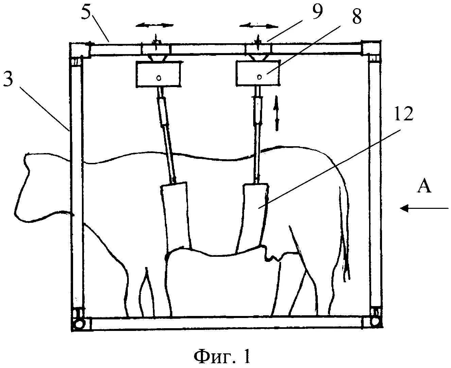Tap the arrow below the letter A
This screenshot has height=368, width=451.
coord(424,208)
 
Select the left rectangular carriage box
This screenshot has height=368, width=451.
coord(158,74)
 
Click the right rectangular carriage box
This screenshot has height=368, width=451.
coord(259,73)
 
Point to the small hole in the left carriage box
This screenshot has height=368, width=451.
coord(159,78)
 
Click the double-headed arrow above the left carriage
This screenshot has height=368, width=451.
coord(154,25)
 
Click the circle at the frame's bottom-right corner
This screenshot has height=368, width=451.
coord(375,321)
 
